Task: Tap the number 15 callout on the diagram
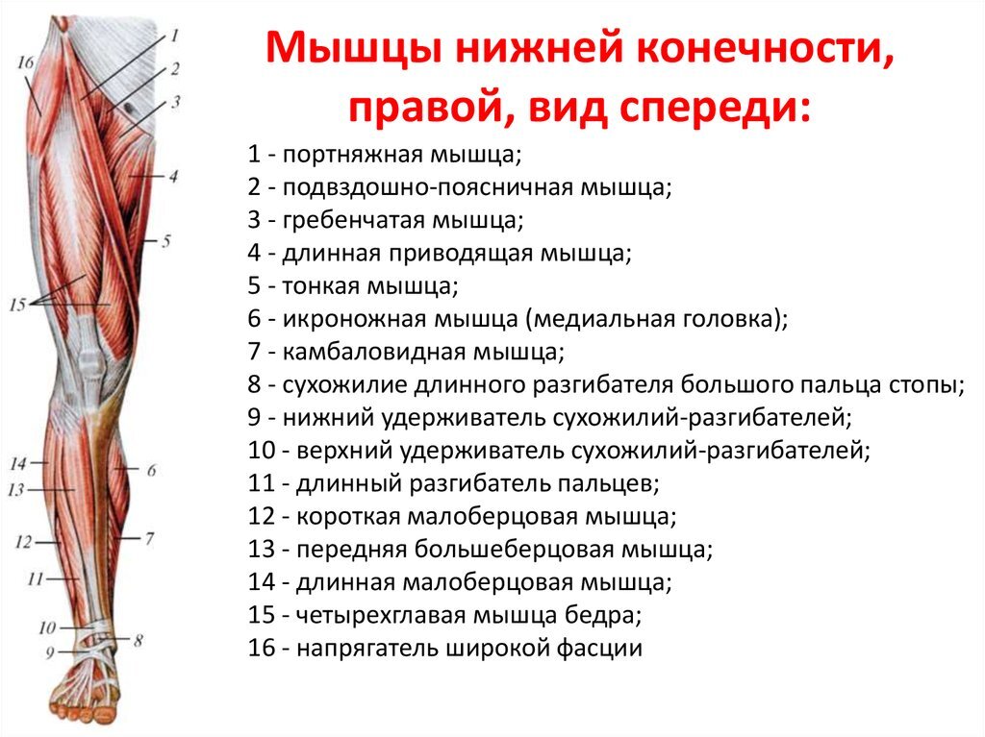[16, 306]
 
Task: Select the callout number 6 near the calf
[151, 470]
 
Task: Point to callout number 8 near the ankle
[139, 638]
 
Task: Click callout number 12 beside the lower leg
[24, 542]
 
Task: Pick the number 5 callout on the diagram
[165, 241]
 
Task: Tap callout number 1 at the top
[175, 37]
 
